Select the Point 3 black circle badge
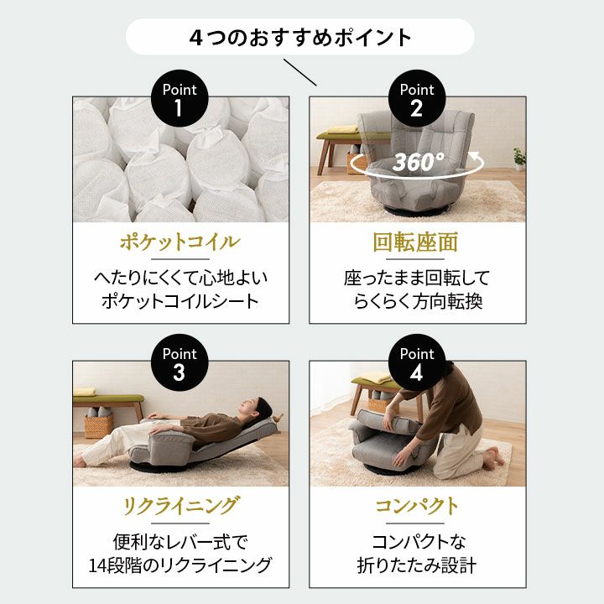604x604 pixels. point(180,364)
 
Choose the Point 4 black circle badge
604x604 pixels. point(417,364)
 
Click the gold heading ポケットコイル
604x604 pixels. point(180,243)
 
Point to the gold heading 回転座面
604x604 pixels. point(417,243)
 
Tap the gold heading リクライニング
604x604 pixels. point(180,507)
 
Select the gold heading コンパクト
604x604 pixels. point(417,507)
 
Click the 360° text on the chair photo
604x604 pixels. point(419,162)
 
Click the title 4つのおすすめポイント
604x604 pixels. point(300,37)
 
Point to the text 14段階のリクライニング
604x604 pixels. point(180,565)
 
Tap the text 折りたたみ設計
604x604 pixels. point(417,565)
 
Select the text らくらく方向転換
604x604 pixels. point(417,301)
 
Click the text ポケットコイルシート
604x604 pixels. point(180,301)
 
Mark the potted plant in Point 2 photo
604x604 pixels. point(518,157)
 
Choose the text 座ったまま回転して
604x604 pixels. point(417,278)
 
